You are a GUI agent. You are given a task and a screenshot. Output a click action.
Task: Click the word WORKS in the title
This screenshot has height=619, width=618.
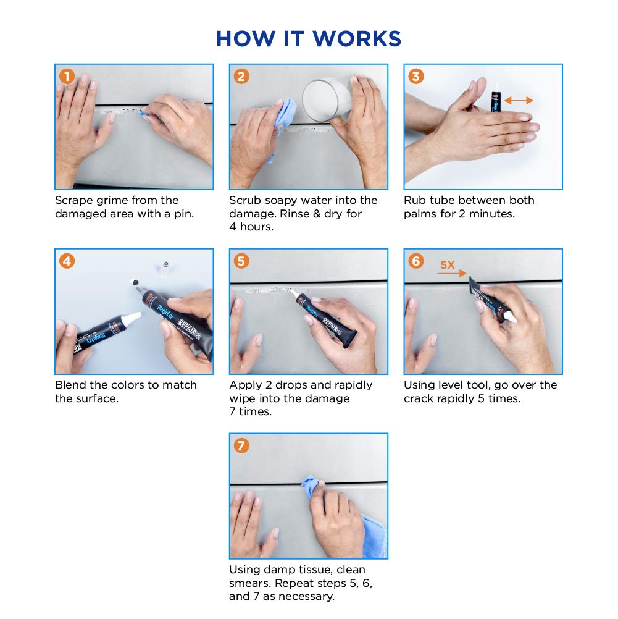[x=357, y=39]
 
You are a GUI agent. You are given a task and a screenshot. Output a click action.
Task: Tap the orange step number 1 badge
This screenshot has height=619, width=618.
[x=67, y=76]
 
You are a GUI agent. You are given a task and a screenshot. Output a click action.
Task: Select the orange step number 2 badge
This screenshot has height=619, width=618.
[x=241, y=76]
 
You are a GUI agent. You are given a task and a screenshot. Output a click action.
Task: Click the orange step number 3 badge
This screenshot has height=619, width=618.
[x=416, y=76]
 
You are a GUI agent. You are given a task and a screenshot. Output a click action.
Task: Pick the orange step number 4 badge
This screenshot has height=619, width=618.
[x=67, y=261]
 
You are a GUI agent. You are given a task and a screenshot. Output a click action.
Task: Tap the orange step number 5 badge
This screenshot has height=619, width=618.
[x=241, y=261]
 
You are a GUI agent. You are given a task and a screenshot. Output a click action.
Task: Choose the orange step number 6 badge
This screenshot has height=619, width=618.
[x=416, y=261]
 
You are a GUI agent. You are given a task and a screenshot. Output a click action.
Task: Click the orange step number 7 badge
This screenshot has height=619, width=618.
[x=241, y=445]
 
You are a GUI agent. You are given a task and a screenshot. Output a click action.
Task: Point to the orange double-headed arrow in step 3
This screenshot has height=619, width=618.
[x=519, y=101]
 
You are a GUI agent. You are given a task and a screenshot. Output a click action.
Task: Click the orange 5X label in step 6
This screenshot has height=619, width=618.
[x=448, y=265]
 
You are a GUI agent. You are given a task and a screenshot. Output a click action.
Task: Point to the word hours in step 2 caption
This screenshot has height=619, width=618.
[x=256, y=227]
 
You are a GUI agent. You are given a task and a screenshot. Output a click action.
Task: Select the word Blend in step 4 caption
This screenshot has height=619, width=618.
[x=70, y=385]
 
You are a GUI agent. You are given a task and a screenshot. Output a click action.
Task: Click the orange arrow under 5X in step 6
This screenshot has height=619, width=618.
[x=452, y=273]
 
